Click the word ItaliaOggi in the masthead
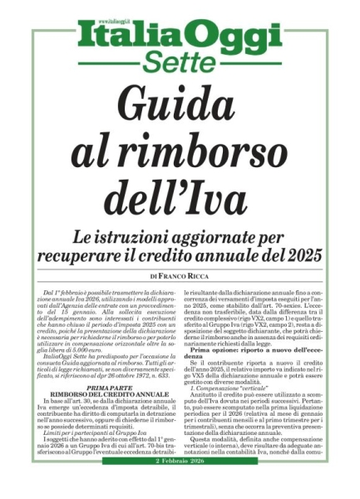(x=180, y=36)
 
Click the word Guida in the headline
(x=180, y=106)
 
